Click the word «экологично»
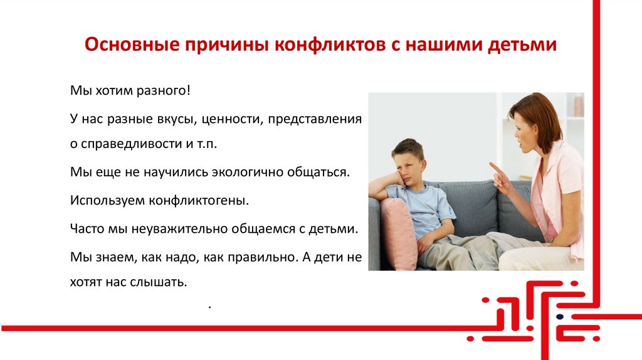(x=247, y=171)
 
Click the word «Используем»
(x=107, y=201)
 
